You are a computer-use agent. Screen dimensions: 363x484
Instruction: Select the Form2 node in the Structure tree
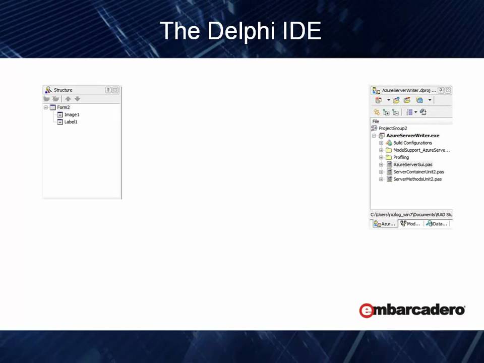point(63,107)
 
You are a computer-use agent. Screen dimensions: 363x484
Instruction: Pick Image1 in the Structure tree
point(72,115)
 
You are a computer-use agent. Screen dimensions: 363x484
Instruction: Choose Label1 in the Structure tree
point(71,122)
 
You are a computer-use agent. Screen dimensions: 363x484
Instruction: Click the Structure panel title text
point(63,90)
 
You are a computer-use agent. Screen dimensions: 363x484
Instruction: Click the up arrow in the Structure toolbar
point(68,99)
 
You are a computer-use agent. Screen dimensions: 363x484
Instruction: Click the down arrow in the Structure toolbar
point(77,99)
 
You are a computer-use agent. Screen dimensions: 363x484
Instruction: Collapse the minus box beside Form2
point(46,107)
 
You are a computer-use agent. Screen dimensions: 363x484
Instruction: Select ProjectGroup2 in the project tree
point(393,129)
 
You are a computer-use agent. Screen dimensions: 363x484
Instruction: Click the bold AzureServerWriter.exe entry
point(412,136)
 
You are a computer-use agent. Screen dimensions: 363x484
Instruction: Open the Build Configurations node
point(412,143)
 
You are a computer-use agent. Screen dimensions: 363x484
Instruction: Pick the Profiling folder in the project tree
point(401,157)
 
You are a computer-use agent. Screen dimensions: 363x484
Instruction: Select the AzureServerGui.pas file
point(412,165)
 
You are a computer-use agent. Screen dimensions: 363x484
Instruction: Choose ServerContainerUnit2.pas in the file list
point(418,172)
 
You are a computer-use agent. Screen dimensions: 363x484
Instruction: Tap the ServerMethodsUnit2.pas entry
point(417,179)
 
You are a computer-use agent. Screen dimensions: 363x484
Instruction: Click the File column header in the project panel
point(376,122)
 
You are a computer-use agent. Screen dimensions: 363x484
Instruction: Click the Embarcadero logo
point(412,310)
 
